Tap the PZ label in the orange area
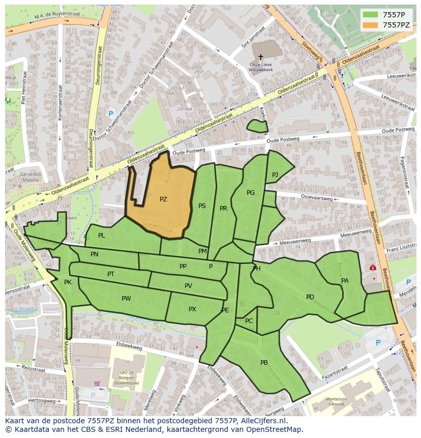(x=163, y=199)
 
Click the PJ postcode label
(x=275, y=174)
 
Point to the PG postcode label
(x=251, y=193)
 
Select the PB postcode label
(x=264, y=363)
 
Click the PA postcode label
(x=345, y=281)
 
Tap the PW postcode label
(x=126, y=299)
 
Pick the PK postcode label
(x=68, y=282)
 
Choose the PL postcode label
(x=102, y=236)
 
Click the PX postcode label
(x=192, y=309)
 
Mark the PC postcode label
(x=249, y=321)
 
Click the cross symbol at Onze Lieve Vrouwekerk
(x=261, y=57)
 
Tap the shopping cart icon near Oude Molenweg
(x=97, y=384)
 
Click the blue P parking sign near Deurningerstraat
(x=111, y=114)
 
